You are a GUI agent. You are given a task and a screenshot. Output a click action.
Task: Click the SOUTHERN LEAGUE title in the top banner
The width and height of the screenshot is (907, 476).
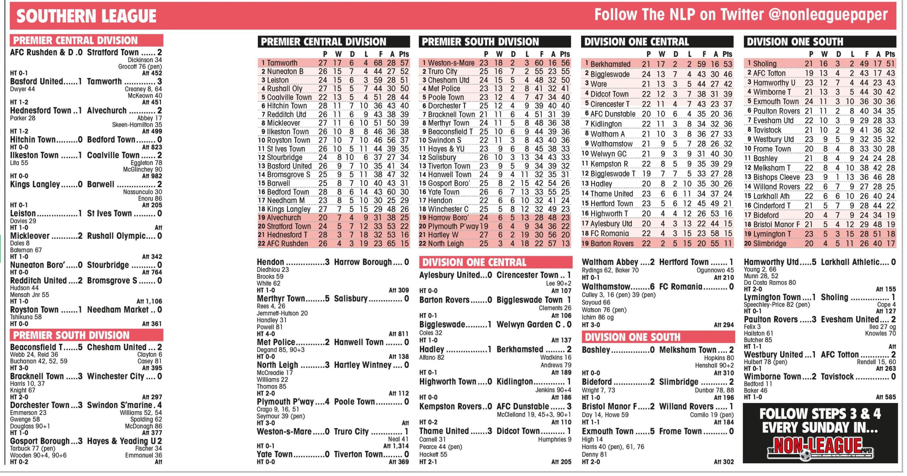(x=86, y=16)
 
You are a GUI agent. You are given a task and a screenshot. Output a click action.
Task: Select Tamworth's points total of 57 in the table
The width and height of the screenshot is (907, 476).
(x=404, y=63)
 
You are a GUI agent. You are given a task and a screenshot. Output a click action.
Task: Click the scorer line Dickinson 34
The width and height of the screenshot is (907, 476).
(x=145, y=60)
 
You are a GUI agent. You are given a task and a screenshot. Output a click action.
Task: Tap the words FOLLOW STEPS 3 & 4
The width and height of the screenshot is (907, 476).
(x=820, y=414)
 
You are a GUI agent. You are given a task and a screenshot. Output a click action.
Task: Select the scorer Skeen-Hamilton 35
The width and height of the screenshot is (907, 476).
(x=137, y=125)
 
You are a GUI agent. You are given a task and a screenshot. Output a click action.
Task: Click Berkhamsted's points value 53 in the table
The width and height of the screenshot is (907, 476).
(x=728, y=64)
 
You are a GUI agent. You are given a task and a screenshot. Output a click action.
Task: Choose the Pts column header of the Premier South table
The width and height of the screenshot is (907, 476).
(x=565, y=54)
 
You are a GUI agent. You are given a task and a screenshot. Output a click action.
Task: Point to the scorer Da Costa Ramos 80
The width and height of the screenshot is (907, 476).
(x=770, y=283)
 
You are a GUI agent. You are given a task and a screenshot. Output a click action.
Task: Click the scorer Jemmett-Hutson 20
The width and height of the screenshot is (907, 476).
(x=282, y=313)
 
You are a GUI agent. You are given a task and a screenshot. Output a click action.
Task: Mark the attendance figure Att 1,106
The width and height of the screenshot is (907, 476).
(x=149, y=301)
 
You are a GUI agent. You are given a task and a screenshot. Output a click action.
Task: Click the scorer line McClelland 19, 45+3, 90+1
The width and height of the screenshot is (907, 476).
(x=534, y=415)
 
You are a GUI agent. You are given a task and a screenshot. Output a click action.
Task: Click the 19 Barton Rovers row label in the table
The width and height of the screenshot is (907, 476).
(x=607, y=243)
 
